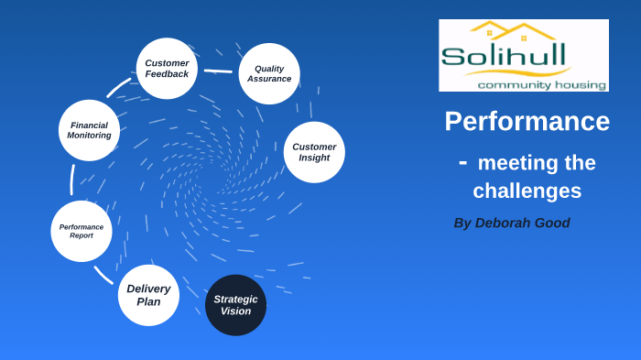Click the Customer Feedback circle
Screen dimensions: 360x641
pos(167,68)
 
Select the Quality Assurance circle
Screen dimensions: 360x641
pos(269,73)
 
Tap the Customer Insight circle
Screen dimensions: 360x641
pos(314,152)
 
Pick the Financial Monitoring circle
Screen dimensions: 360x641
pos(89,130)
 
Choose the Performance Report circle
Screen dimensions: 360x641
pos(81,231)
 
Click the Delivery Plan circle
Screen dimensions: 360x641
pos(148,295)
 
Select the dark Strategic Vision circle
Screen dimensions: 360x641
pos(235,305)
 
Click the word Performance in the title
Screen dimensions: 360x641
pos(527,121)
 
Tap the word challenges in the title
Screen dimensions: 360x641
pos(527,191)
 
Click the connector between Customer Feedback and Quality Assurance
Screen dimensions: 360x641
pos(218,71)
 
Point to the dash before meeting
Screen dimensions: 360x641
pos(462,162)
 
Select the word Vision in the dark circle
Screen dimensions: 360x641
pos(235,311)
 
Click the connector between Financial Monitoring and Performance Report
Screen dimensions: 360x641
pos(72,180)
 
